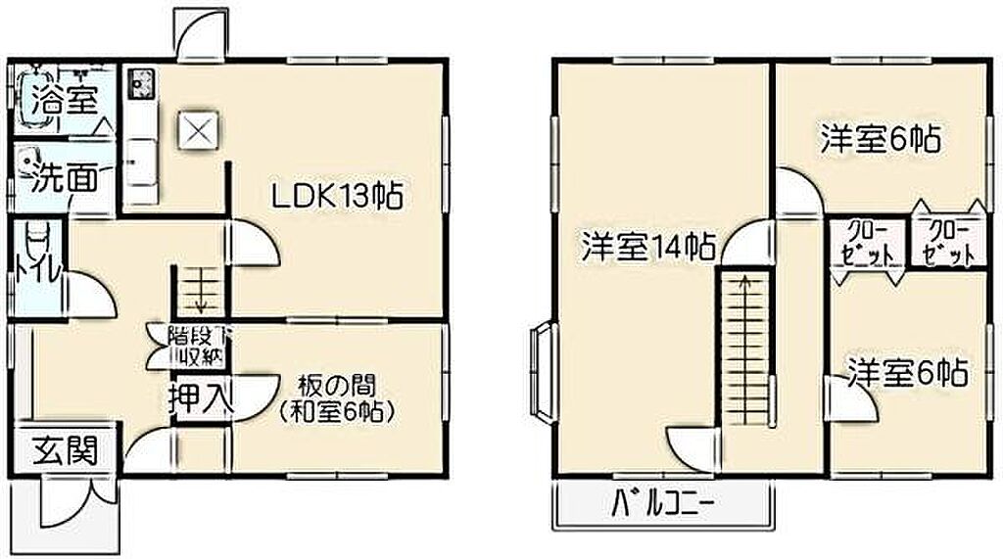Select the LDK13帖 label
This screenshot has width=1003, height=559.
[x=337, y=196]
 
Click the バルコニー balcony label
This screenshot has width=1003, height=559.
[x=662, y=503]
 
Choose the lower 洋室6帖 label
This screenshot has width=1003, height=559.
[x=908, y=372]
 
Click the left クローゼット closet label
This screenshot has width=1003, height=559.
[x=868, y=244]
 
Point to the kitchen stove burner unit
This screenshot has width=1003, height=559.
[x=140, y=84]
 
